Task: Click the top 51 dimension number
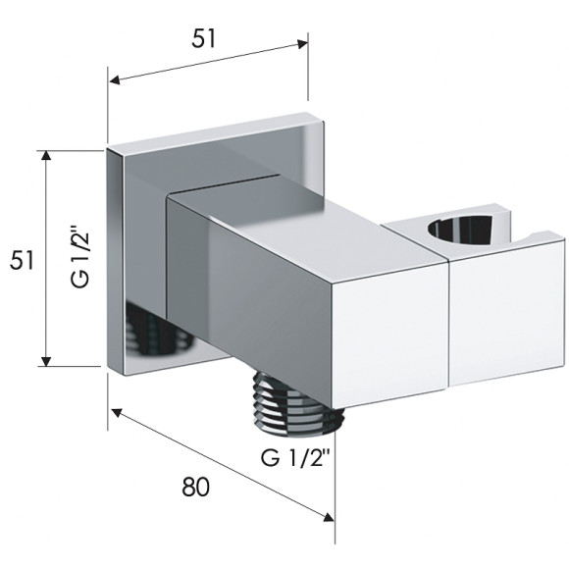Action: click(204, 38)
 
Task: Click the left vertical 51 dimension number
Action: click(22, 260)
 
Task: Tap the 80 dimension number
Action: click(195, 487)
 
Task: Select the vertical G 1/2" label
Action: click(79, 257)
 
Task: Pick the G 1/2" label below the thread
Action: click(295, 457)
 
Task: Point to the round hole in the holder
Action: click(460, 230)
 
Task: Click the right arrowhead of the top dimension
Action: click(302, 43)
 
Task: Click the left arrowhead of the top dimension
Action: click(115, 79)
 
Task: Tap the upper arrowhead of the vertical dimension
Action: click(46, 155)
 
